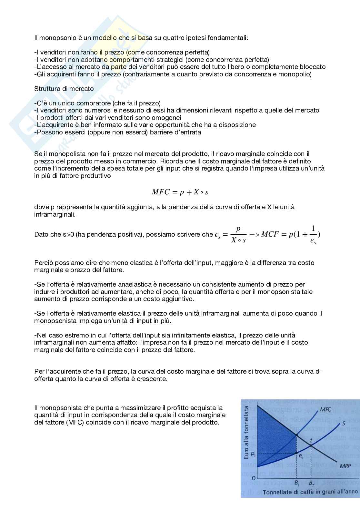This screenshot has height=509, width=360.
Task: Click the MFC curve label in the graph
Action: (x=325, y=409)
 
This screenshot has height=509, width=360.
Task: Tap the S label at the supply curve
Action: (x=344, y=423)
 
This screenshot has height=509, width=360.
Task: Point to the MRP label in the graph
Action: (x=345, y=466)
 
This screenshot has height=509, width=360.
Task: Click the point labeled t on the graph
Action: (x=311, y=445)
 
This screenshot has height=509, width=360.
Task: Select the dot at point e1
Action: (x=296, y=453)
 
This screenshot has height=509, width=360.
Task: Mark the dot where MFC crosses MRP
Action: (x=296, y=436)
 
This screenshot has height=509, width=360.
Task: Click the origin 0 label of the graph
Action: (x=254, y=478)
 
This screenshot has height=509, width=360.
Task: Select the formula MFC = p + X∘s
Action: (x=180, y=192)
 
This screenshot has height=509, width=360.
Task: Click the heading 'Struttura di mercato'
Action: (x=64, y=89)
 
